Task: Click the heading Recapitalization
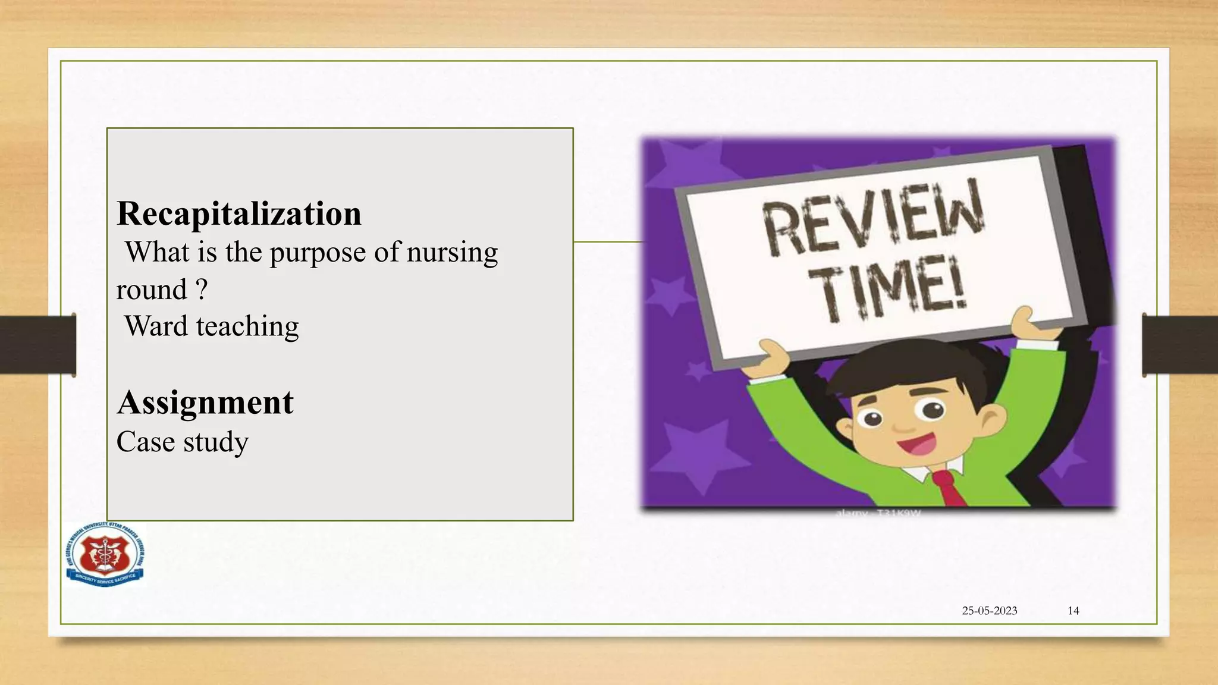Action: [239, 213]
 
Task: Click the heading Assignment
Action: [205, 403]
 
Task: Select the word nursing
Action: [452, 252]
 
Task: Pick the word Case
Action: [145, 442]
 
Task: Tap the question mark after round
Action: [202, 290]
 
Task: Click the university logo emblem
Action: [105, 554]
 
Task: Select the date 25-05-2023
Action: [990, 611]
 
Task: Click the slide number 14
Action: [1073, 611]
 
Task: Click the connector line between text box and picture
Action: [607, 242]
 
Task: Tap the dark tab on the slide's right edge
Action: [1180, 345]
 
